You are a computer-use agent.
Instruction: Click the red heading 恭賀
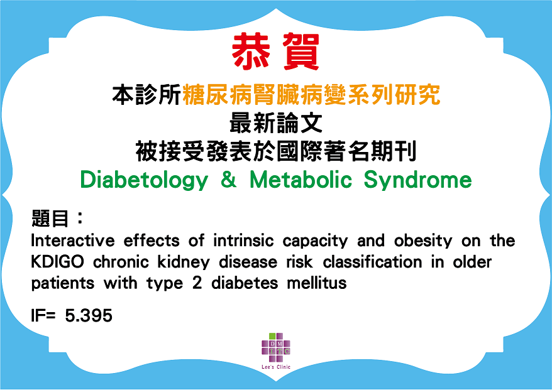click(275, 51)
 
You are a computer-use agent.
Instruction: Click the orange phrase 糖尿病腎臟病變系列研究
click(311, 95)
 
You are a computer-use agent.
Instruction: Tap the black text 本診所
click(146, 95)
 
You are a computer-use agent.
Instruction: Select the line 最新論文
click(275, 123)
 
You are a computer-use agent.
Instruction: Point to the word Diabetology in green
click(145, 180)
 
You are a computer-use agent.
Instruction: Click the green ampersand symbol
click(229, 180)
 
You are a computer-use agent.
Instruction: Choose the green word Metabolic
click(301, 180)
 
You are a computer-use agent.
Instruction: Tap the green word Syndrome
click(417, 180)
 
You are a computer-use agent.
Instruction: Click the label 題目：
click(58, 218)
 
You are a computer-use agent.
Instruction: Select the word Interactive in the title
click(73, 241)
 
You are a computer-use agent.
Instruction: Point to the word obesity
click(423, 242)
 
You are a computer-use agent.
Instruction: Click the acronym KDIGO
click(57, 262)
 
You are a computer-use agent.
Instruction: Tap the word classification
click(372, 262)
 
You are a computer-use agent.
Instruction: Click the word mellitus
click(317, 283)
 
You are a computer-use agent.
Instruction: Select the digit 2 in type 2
click(197, 283)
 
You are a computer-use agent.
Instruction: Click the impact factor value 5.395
click(89, 315)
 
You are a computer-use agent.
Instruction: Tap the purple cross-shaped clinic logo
click(276, 347)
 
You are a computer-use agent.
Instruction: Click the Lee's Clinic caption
click(276, 367)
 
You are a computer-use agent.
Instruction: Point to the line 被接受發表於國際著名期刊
click(276, 151)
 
